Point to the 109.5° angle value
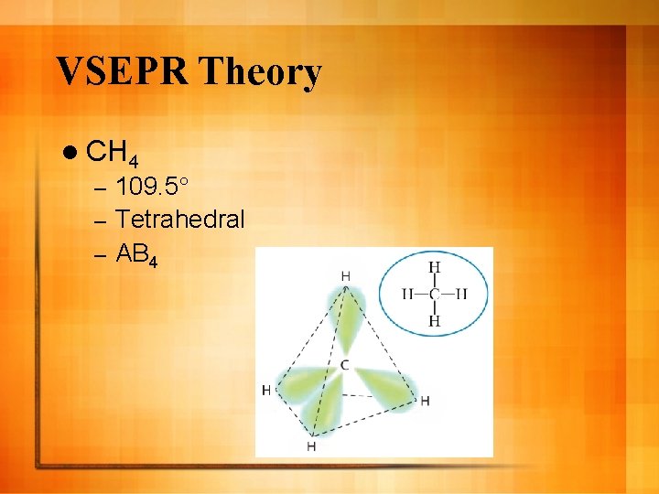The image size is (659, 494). point(153,190)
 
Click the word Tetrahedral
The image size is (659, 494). point(181,220)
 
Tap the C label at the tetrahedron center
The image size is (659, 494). point(344,366)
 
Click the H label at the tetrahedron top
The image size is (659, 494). point(345,275)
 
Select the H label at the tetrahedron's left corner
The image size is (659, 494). point(266,391)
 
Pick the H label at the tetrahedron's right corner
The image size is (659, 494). point(425,401)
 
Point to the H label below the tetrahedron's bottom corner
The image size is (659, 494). point(311,446)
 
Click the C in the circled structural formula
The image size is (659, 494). point(435,294)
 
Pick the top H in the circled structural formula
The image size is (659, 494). point(435,267)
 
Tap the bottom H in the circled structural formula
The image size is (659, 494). point(435,320)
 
